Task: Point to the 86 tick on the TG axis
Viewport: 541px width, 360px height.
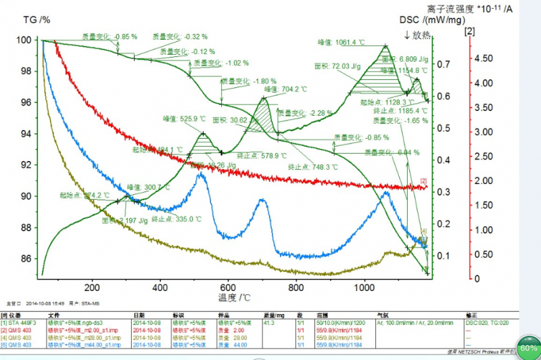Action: point(26,258)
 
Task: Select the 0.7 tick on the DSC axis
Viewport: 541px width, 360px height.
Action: point(446,64)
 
